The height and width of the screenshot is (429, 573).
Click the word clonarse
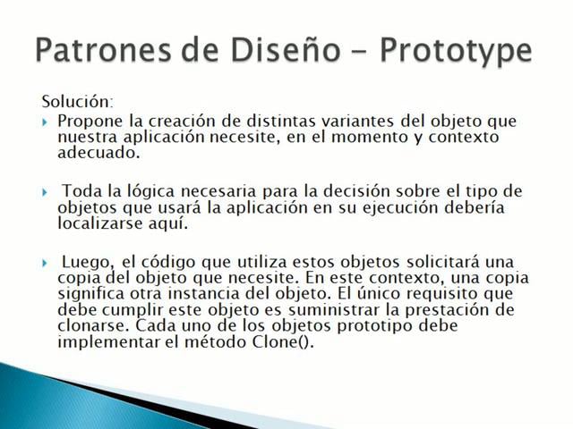click(85, 326)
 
